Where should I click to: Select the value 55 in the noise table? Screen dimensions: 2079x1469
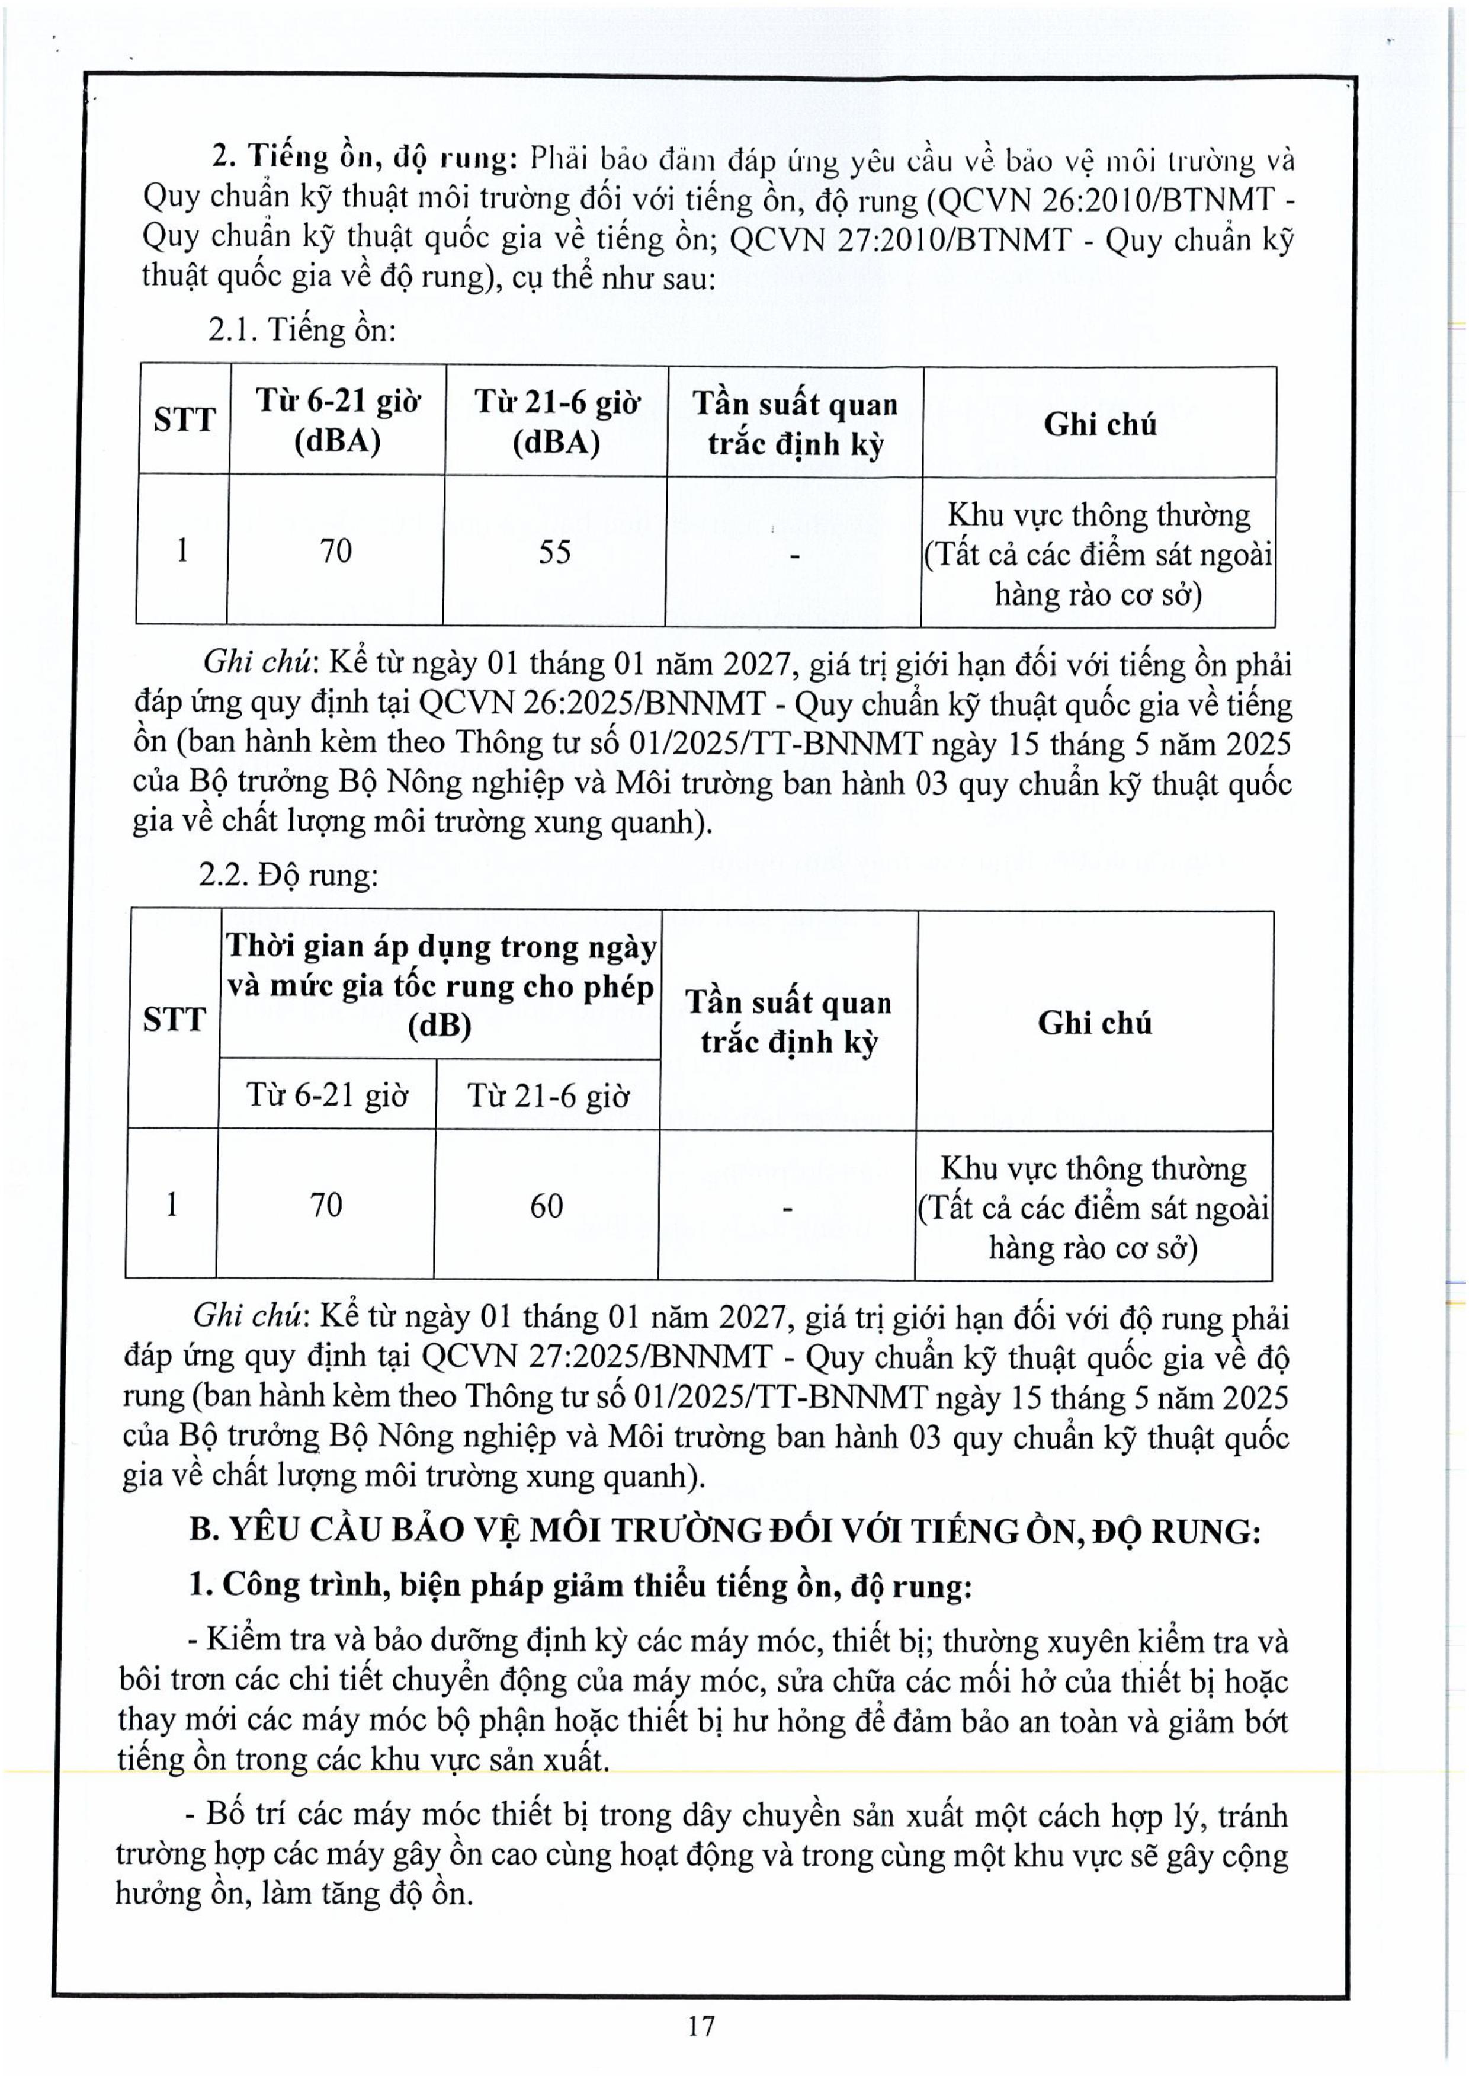point(555,552)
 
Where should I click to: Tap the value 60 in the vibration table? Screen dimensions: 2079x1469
point(547,1205)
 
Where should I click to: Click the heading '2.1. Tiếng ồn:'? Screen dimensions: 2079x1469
point(302,329)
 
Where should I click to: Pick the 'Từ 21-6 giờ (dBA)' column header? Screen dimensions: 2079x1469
point(557,421)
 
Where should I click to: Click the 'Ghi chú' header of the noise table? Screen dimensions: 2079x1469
point(1100,424)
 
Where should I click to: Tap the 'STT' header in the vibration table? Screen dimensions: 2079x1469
point(174,1020)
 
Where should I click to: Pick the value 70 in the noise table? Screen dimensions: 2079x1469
point(336,550)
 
